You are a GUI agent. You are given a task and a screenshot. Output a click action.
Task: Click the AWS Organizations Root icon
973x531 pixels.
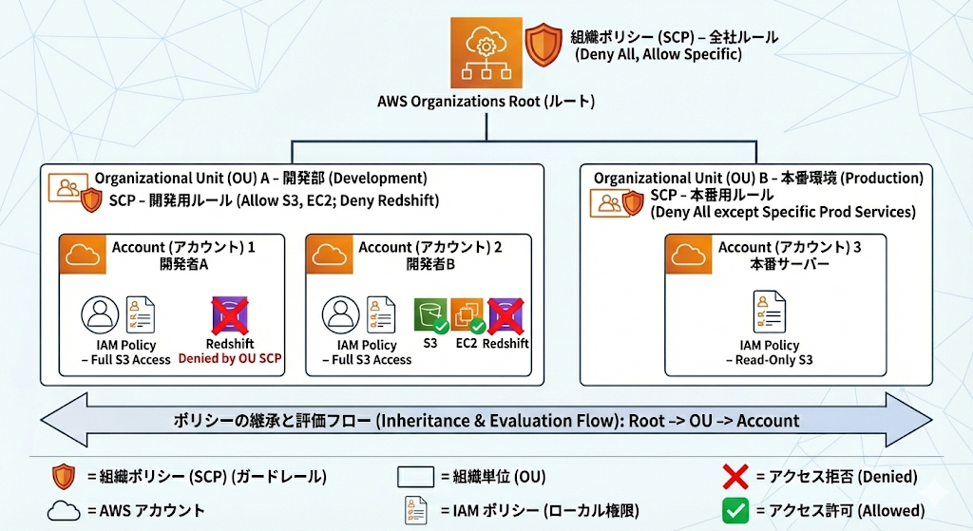click(x=486, y=53)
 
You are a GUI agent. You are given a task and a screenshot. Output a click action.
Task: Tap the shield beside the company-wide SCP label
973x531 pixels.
click(x=544, y=44)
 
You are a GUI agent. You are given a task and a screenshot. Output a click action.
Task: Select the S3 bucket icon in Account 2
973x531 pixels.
click(x=430, y=314)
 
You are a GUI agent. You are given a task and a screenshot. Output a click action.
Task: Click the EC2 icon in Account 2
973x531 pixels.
click(x=467, y=314)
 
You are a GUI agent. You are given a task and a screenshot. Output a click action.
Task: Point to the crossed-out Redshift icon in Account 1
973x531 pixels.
click(x=230, y=315)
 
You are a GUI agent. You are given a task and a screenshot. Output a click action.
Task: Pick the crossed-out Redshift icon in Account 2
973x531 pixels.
click(x=506, y=315)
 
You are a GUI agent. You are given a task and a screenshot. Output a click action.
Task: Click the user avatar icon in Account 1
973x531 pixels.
click(x=100, y=314)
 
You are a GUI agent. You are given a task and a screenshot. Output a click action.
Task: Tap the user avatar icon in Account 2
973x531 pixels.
click(x=341, y=314)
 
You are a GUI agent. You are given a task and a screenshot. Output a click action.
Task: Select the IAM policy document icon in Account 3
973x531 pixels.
click(x=770, y=312)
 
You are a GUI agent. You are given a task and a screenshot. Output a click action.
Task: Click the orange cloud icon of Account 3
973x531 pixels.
click(x=689, y=255)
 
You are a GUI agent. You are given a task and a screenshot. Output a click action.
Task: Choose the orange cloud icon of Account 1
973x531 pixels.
click(x=83, y=255)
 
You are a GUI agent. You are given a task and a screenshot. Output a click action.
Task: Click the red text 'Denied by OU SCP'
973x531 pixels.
click(x=230, y=358)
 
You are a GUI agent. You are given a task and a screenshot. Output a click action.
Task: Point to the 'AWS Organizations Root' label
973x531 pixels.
click(x=486, y=101)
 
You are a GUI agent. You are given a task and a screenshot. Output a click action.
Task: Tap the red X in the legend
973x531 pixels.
click(x=735, y=477)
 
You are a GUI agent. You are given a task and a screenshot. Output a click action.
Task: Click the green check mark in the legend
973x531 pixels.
click(x=735, y=510)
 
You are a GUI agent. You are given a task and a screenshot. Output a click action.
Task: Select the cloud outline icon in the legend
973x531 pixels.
click(x=64, y=511)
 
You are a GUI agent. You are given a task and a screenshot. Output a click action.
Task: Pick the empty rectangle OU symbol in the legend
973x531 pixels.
click(x=416, y=477)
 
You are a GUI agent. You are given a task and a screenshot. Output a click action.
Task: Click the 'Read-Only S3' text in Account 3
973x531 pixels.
click(x=773, y=360)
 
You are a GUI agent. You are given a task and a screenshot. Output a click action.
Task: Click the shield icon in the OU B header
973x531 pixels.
click(x=633, y=203)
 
